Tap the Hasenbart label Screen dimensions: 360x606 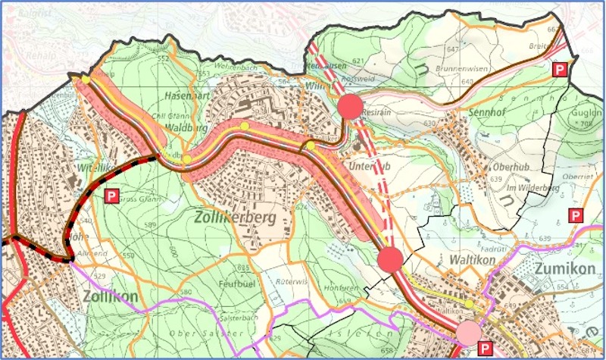186,96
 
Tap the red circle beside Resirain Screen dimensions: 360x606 350,108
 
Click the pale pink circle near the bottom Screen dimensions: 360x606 469,332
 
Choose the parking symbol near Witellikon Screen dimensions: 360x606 112,196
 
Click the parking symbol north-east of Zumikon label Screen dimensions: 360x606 576,216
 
